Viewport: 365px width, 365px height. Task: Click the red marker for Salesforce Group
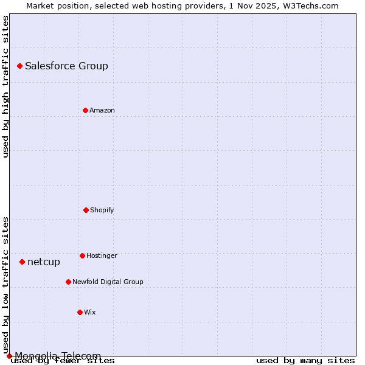click(19, 66)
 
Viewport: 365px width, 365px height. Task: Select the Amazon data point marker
click(85, 110)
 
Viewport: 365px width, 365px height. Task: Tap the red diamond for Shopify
click(86, 210)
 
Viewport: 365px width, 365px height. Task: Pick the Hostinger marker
click(82, 255)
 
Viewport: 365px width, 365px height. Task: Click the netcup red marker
click(22, 262)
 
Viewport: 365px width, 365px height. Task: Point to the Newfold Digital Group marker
click(68, 282)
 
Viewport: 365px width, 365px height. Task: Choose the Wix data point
click(80, 312)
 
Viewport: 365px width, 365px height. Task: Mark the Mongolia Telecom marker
click(9, 356)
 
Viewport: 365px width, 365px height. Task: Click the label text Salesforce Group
click(66, 66)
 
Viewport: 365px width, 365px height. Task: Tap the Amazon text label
click(102, 110)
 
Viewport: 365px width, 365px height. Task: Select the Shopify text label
click(102, 210)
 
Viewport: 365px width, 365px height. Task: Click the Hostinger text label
click(102, 255)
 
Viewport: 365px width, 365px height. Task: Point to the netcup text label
click(44, 262)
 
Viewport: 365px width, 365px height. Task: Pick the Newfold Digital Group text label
click(108, 282)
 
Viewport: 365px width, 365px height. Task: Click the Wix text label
click(90, 312)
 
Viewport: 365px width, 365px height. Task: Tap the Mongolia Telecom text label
click(58, 356)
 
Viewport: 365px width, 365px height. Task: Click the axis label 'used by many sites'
click(305, 361)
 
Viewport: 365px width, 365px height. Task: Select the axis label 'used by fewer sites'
click(63, 361)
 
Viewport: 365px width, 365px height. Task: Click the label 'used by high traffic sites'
click(5, 86)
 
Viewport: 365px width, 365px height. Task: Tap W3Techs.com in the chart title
click(308, 5)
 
